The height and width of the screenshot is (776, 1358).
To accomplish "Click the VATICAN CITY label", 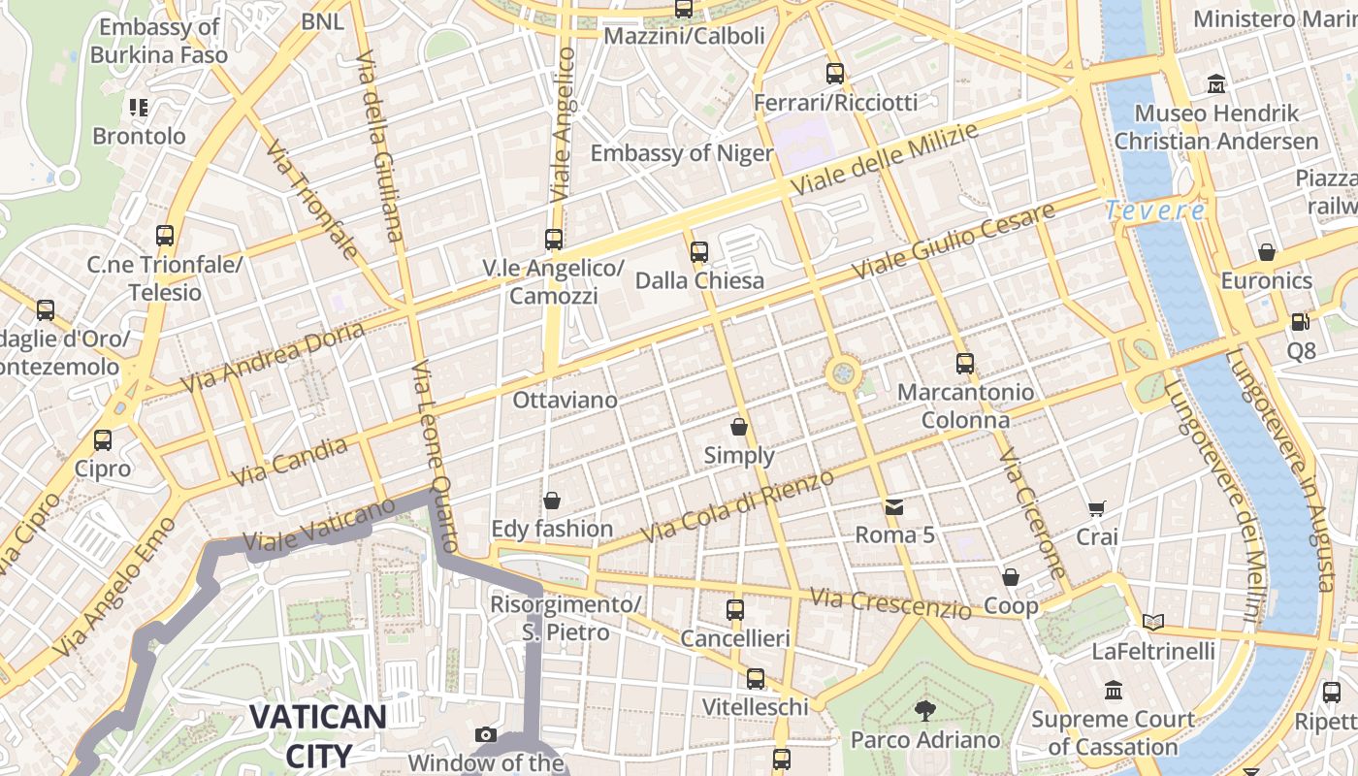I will pos(318,735).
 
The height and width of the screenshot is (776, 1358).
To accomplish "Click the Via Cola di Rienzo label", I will pos(737,506).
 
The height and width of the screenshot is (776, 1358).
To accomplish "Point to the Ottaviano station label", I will pos(565,400).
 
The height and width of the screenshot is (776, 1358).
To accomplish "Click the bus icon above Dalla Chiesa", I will pos(698,252).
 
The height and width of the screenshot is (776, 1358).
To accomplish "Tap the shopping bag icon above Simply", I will pos(739,427).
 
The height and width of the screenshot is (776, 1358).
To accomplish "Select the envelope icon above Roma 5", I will pos(892,506).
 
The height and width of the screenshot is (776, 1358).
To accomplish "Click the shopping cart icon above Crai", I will pos(1097,509).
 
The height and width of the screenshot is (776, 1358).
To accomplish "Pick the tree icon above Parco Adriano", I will pos(924,711).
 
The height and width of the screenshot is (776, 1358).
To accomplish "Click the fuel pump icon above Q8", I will pos(1300,321).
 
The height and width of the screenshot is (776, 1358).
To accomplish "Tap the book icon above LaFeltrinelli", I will pos(1152,622).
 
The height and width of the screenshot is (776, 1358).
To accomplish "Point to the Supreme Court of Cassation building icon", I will pos(1113,691).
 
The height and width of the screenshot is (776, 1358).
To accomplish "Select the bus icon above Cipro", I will pos(103,440).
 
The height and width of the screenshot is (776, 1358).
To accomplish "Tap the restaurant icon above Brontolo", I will pos(139,108).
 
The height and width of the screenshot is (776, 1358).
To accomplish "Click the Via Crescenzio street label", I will pos(890,603).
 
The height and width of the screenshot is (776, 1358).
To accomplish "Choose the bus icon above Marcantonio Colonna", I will pos(964,364).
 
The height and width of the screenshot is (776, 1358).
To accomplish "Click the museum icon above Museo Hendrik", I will pos(1216,85).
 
